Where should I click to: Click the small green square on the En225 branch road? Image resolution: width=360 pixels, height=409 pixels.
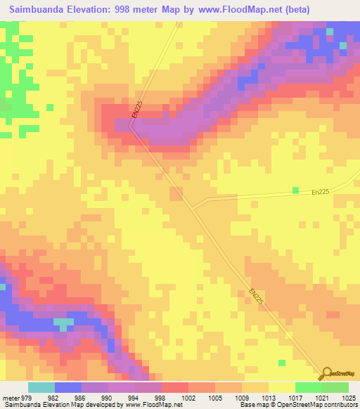pos(296,190)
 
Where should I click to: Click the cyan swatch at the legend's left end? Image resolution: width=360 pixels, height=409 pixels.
pos(41,387)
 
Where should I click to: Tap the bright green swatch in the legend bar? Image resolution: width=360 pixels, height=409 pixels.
pos(308,387)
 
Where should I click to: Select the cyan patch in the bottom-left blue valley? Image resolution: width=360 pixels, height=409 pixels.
pos(63,324)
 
